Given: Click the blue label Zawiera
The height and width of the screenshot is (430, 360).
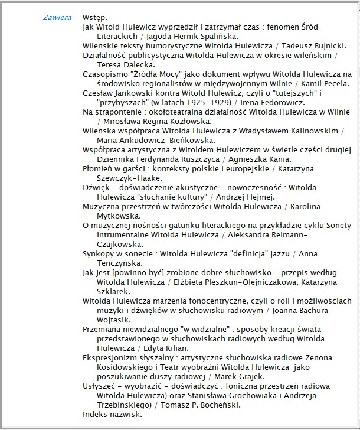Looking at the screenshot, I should pos(57,18).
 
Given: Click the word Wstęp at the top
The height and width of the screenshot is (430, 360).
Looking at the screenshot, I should pos(95,18).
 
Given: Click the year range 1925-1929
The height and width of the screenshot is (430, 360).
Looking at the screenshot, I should pos(177,103).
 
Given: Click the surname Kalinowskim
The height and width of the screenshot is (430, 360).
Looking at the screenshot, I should pos(313,131).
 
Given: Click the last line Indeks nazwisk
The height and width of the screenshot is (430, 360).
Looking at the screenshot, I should pos(112,415).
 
